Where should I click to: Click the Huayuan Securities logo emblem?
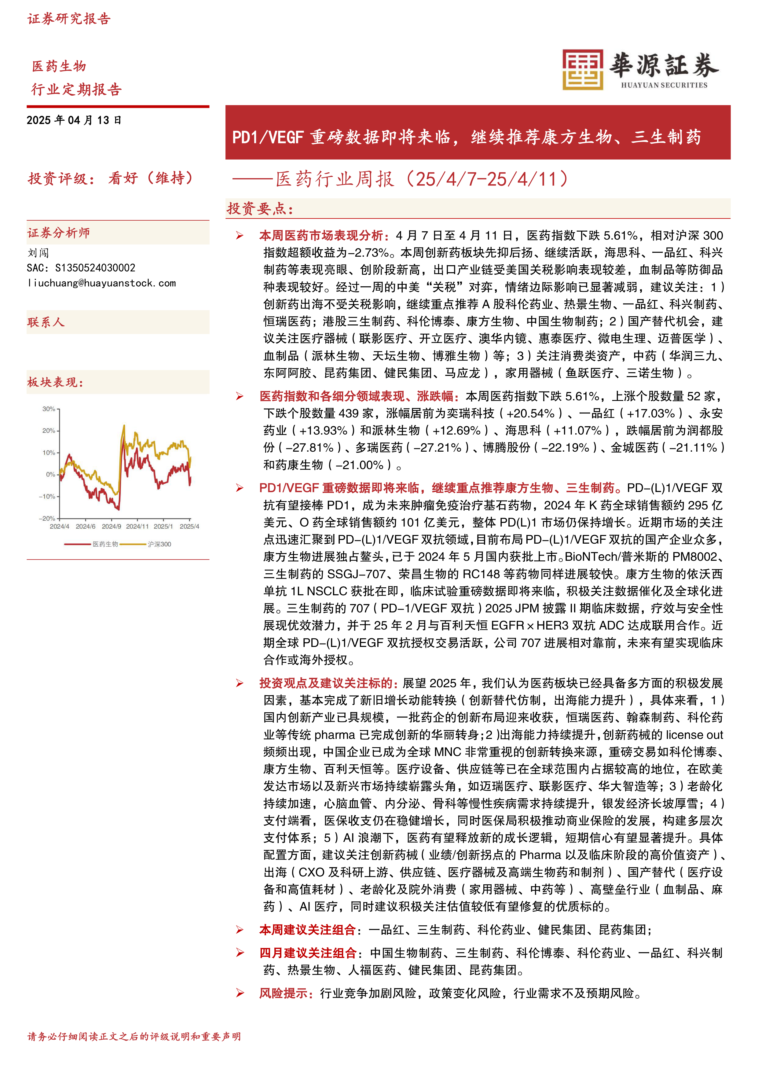click(583, 70)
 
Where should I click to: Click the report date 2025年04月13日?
click(74, 120)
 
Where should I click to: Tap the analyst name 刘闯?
click(38, 253)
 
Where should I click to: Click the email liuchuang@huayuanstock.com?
click(101, 283)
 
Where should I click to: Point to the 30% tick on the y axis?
click(49, 409)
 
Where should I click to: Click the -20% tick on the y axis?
click(47, 518)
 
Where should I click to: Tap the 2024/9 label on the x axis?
click(111, 527)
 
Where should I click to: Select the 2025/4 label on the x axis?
click(189, 527)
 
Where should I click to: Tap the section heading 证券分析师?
click(58, 233)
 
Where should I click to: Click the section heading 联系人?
click(46, 322)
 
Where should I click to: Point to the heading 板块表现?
click(55, 382)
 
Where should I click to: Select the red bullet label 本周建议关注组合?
click(307, 930)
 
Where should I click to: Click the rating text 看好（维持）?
click(150, 178)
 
